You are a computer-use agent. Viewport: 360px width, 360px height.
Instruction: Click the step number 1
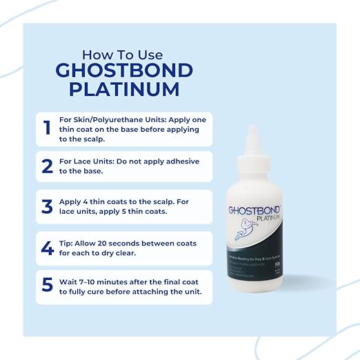(47, 128)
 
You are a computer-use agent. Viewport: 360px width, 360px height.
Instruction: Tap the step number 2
(47, 167)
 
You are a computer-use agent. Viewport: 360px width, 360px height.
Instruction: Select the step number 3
(47, 207)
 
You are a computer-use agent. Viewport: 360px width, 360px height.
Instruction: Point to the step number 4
(47, 247)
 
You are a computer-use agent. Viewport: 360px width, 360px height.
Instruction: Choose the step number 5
(47, 286)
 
